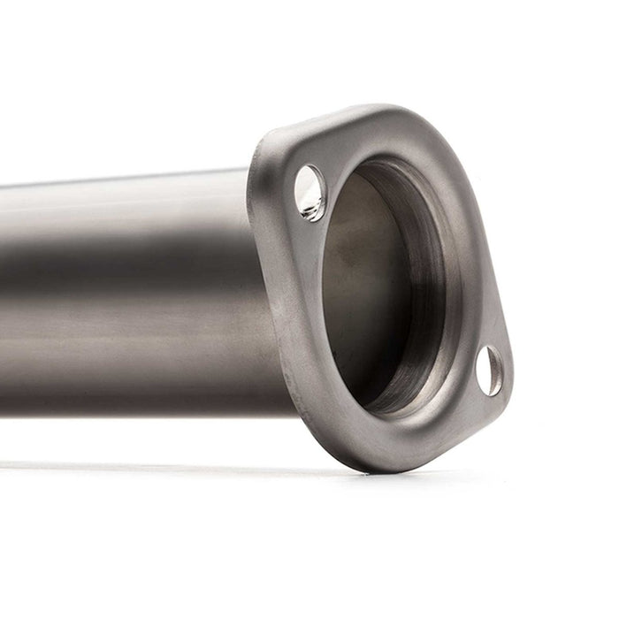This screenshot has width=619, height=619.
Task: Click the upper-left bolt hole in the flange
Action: (x=309, y=193)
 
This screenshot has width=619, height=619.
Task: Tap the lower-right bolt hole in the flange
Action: (x=488, y=370)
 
